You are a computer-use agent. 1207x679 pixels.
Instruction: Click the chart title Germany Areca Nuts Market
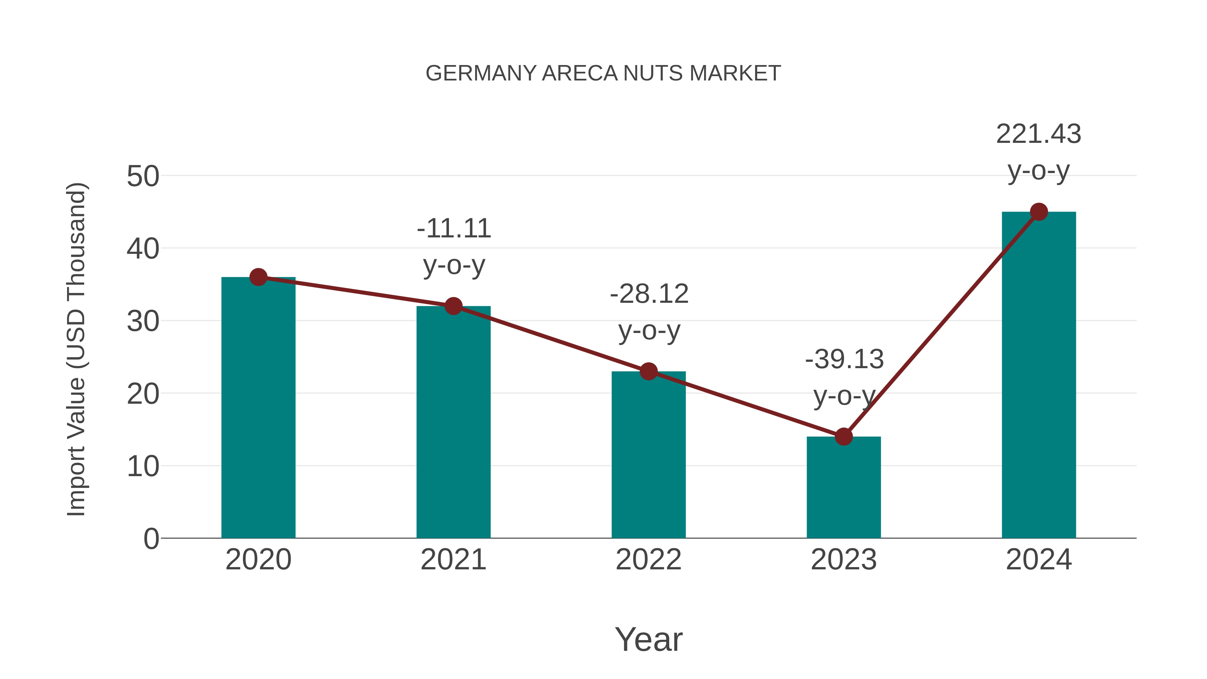pos(603,73)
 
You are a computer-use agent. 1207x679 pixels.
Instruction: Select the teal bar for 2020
pos(258,408)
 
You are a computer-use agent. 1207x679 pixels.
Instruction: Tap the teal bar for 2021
pos(453,422)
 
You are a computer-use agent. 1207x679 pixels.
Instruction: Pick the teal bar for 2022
pos(648,455)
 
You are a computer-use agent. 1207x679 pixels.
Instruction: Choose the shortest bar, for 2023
pos(844,487)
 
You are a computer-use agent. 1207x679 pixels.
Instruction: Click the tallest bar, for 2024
pos(1039,375)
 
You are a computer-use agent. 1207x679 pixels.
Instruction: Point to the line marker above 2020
pos(258,277)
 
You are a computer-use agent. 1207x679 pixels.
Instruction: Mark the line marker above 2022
pos(648,371)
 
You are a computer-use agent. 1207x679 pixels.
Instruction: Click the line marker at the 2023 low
pos(844,436)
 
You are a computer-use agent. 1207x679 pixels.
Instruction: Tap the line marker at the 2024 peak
pos(1039,212)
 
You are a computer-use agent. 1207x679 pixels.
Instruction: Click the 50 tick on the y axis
pos(143,177)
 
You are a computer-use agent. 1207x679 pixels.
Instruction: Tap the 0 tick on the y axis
pos(151,539)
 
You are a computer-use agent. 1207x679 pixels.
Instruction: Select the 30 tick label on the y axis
pos(143,322)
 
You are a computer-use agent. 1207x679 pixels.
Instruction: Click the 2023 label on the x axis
pos(844,560)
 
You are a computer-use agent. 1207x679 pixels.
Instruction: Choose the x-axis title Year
pos(648,640)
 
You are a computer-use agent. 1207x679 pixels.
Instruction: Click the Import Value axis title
pos(76,349)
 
